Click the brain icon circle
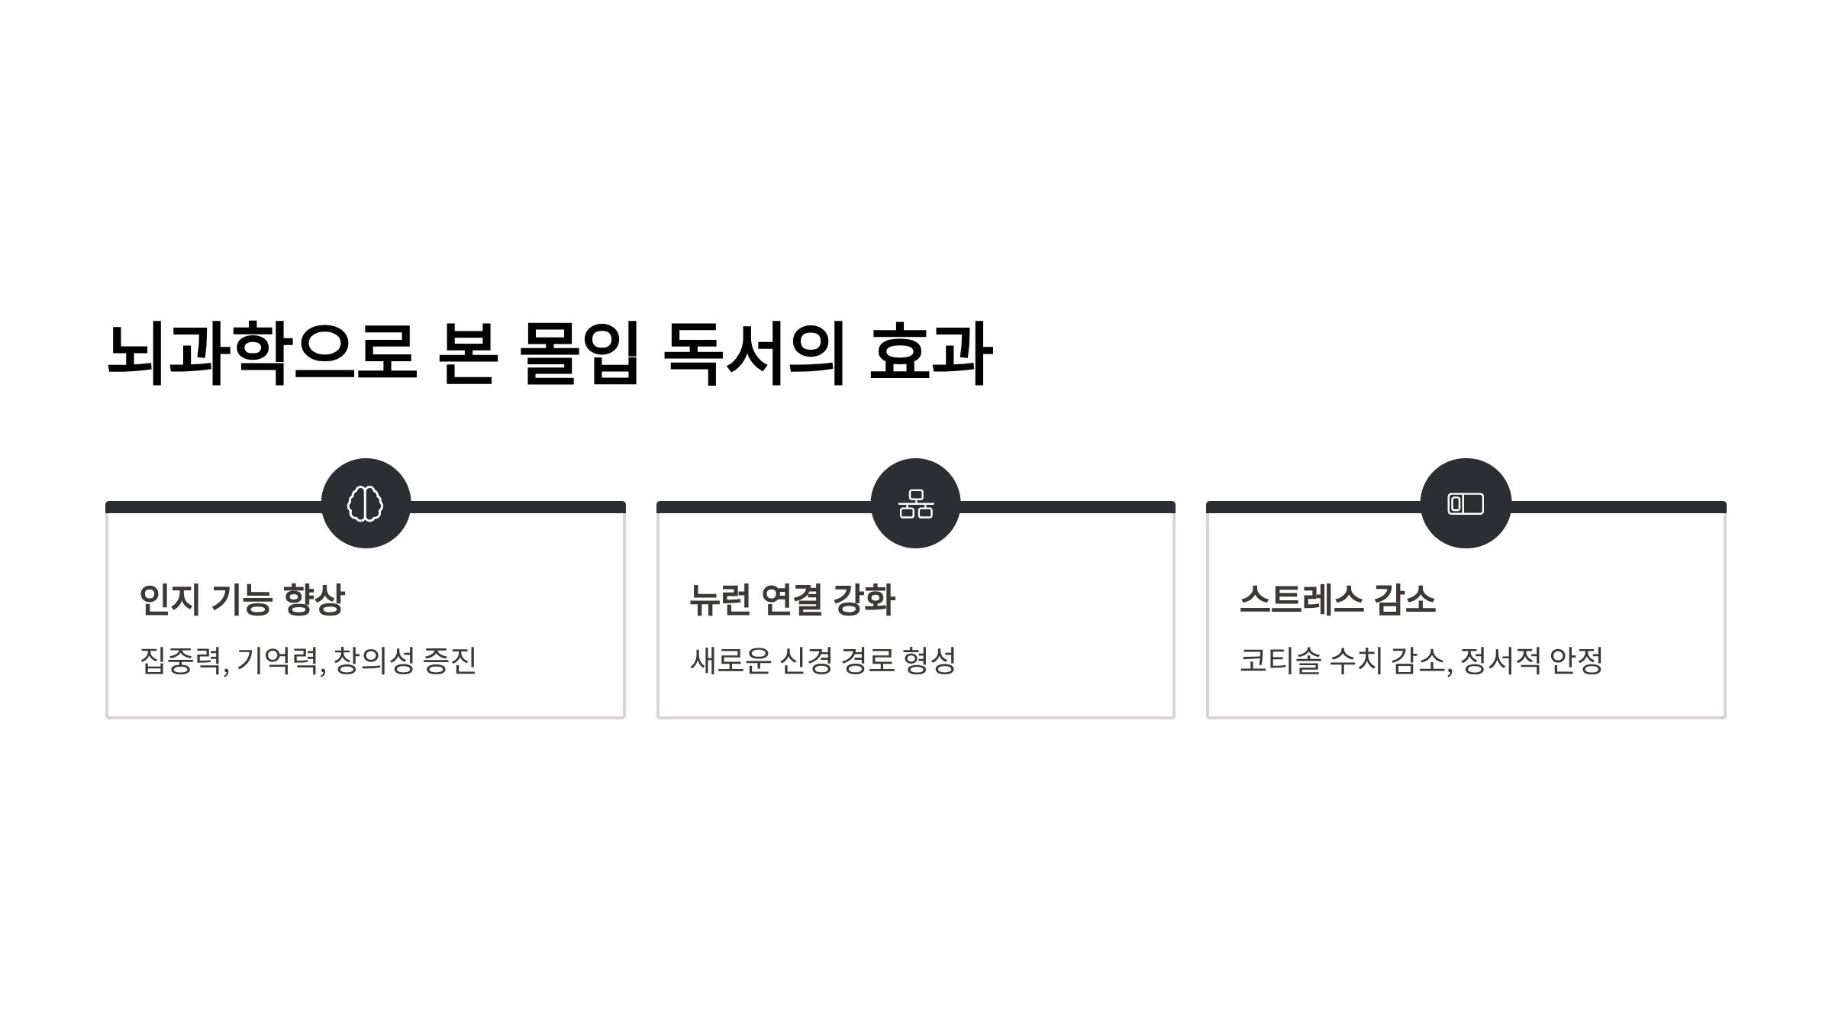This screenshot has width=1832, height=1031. pyautogui.click(x=366, y=503)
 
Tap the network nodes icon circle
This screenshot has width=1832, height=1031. pyautogui.click(x=915, y=503)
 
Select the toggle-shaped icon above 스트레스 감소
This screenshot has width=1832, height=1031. pyautogui.click(x=1466, y=503)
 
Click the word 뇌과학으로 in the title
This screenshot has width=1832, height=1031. pyautogui.click(x=261, y=354)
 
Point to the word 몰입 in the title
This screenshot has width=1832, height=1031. pyautogui.click(x=579, y=354)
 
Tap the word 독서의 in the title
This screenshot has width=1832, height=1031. pyautogui.click(x=754, y=354)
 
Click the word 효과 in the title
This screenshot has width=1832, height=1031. pyautogui.click(x=931, y=354)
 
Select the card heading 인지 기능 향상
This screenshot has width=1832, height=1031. pyautogui.click(x=242, y=600)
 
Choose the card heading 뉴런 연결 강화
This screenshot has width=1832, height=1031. pyautogui.click(x=792, y=600)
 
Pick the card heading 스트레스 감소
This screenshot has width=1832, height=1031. pyautogui.click(x=1337, y=600)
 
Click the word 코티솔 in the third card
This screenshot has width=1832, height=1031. pyautogui.click(x=1279, y=661)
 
